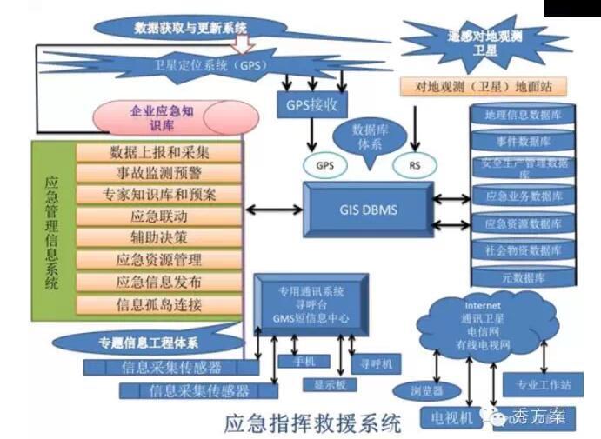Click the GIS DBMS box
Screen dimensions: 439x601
tap(366, 210)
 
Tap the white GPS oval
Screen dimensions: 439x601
tap(324, 164)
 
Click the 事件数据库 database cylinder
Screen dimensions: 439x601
tap(524, 141)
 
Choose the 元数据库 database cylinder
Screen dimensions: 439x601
tap(524, 278)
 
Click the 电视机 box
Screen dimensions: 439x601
tap(451, 418)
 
